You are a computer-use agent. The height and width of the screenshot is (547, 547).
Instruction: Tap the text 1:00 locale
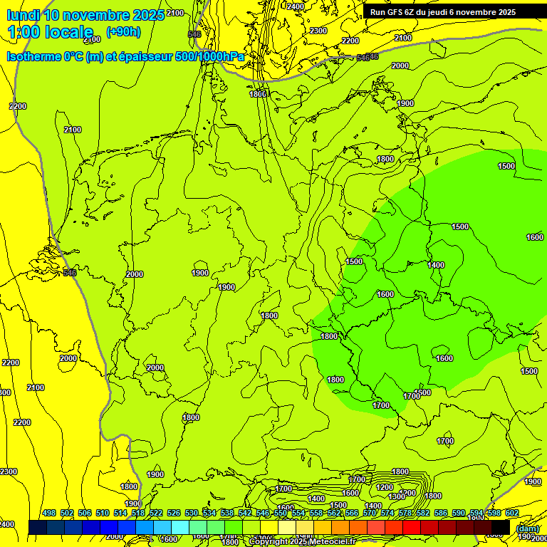[x=50, y=31]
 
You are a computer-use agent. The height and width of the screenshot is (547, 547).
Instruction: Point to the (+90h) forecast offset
[x=123, y=31]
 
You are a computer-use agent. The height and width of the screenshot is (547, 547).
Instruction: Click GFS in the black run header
[x=396, y=11]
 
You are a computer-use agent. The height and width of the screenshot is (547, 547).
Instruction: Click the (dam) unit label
[x=527, y=528]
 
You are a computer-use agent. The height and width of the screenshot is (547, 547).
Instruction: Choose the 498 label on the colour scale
[x=49, y=514]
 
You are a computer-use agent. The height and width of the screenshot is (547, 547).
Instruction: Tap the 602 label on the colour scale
[x=512, y=514]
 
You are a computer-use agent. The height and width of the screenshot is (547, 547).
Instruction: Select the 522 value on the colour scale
[x=156, y=514]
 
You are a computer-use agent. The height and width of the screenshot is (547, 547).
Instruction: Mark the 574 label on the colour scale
[x=387, y=514]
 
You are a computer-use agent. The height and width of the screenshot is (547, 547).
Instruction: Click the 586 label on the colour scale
[x=441, y=514]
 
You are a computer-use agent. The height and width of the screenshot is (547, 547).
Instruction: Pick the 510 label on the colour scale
[x=103, y=514]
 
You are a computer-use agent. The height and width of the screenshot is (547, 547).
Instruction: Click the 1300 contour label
[x=397, y=496]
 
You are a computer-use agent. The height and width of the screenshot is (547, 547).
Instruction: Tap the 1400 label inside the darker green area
[x=436, y=265]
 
